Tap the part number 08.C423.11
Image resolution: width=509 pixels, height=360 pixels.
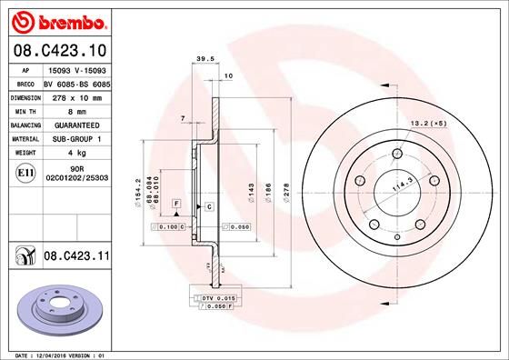pyautogui.click(x=77, y=258)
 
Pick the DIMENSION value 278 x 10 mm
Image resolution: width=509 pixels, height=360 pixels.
pyautogui.click(x=77, y=96)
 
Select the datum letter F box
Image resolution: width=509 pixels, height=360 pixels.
pyautogui.click(x=175, y=202)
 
